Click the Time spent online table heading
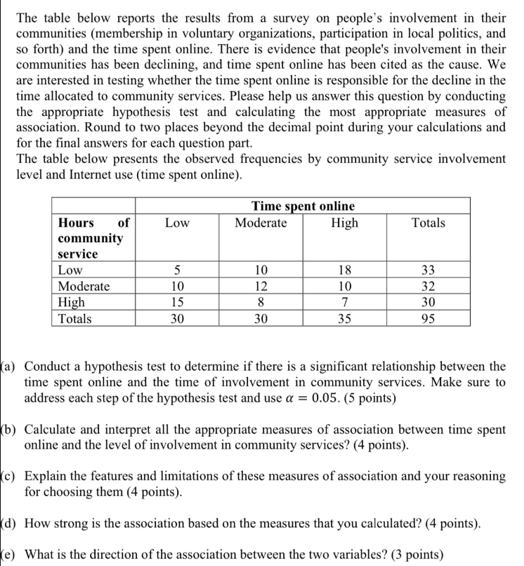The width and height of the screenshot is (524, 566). pos(303,206)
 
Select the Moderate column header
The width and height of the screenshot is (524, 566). pos(261,223)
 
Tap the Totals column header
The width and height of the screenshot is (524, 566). pos(428,223)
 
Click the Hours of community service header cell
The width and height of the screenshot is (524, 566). pos(93,238)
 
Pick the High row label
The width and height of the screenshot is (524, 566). pos(72,302)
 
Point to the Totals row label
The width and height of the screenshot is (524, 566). pos(74,318)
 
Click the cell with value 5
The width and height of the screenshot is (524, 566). pos(178,270)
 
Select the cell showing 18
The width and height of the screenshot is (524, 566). pos(344,270)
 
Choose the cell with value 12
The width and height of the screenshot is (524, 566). pos(261,287)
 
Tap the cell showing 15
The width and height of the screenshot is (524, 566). pos(178,302)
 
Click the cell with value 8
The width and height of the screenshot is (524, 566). pos(261,302)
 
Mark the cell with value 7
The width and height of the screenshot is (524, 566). pos(344,302)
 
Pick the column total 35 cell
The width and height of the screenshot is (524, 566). pos(344,318)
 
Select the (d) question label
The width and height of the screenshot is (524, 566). pos(10,523)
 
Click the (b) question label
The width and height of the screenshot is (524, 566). pos(10,429)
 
